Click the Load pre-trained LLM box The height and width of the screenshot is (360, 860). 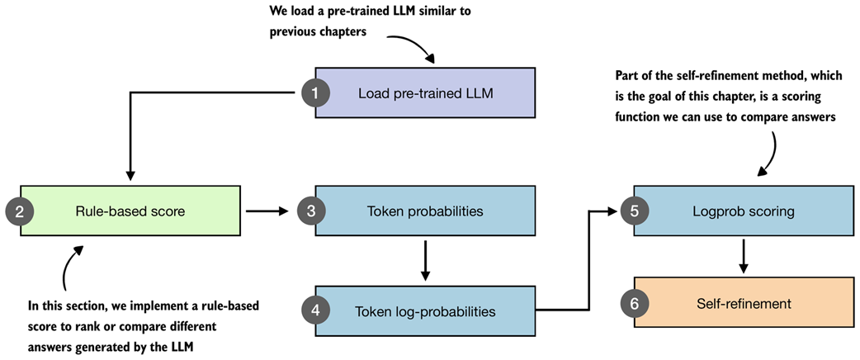coord(425,92)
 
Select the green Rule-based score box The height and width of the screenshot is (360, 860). coord(130,211)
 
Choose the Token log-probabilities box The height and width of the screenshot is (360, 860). coord(425,311)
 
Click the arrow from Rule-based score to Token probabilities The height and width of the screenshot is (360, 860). coord(267,211)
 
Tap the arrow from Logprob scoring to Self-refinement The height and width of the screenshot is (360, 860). coord(744,256)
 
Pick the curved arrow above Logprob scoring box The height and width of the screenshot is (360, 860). coord(770,153)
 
